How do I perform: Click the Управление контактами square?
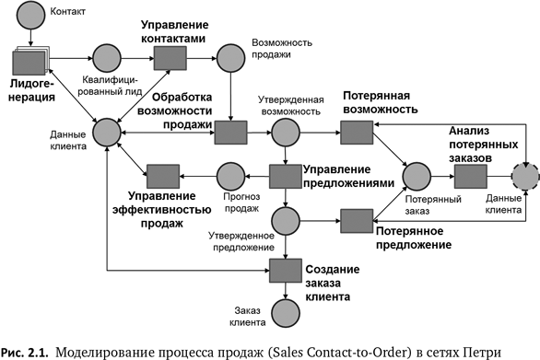click(x=169, y=59)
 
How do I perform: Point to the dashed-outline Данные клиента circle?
click(x=527, y=174)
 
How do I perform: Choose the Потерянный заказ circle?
click(x=417, y=175)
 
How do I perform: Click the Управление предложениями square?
click(x=285, y=175)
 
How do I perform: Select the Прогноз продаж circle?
click(x=229, y=175)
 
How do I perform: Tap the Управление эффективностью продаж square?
click(x=162, y=175)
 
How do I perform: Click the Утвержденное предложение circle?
click(x=285, y=219)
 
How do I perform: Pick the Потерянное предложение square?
click(x=356, y=220)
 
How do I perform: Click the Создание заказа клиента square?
click(x=285, y=269)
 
